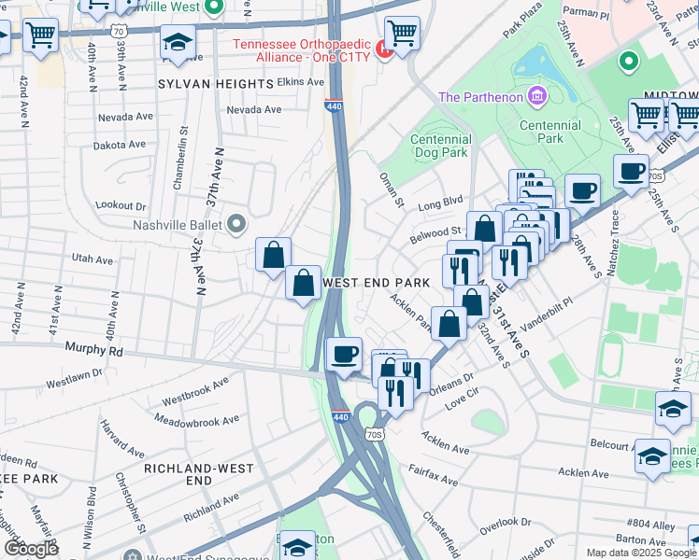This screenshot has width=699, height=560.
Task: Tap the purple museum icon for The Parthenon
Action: click(x=536, y=95)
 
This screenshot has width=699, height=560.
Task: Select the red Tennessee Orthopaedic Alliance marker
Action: click(x=382, y=48)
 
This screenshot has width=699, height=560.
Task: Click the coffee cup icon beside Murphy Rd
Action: click(x=345, y=356)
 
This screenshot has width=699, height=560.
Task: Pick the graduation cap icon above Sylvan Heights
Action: click(x=178, y=43)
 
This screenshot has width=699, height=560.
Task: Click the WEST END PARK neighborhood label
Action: click(x=376, y=282)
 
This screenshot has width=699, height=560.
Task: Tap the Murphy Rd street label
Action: click(x=94, y=351)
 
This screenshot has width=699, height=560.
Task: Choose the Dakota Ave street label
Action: click(x=120, y=145)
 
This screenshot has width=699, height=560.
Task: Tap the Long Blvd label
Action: click(x=440, y=201)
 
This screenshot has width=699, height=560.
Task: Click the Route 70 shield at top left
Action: click(x=118, y=30)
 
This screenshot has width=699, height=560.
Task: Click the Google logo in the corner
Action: click(x=31, y=548)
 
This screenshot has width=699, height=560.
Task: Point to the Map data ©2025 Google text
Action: click(x=641, y=553)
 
